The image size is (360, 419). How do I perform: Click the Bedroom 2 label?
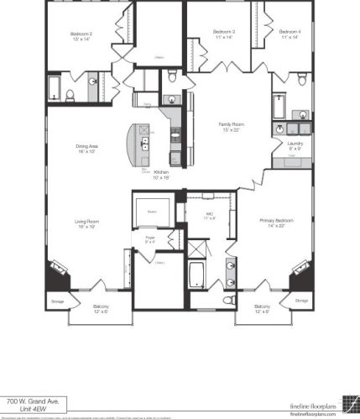(81, 35)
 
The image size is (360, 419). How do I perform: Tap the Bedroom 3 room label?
(223, 33)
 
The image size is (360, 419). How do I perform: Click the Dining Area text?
(87, 147)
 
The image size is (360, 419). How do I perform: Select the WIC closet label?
(210, 215)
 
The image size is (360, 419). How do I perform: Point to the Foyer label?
(149, 238)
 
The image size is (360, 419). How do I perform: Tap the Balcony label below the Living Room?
(100, 307)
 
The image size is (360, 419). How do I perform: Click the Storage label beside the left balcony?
(57, 300)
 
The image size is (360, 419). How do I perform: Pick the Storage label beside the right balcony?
(301, 300)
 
